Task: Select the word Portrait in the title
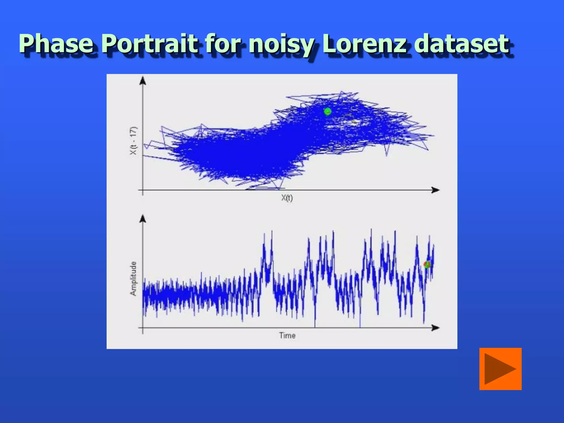[x=150, y=44]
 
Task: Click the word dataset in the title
[x=462, y=44]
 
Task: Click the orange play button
[x=500, y=369]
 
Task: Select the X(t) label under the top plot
[x=287, y=198]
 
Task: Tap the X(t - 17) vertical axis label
[x=133, y=140]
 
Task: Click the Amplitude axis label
[x=133, y=279]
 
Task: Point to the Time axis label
[x=287, y=335]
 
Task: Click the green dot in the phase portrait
[x=327, y=112]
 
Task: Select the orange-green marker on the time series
[x=427, y=265]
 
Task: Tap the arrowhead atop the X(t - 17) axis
[x=143, y=80]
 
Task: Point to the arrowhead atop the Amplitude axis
[x=143, y=218]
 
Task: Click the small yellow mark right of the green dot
[x=354, y=121]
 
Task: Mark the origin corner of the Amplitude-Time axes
[x=143, y=328]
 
